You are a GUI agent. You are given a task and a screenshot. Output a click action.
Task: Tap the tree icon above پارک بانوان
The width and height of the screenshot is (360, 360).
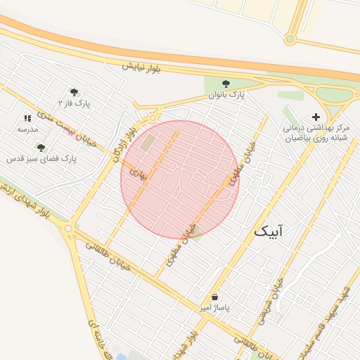click(x=226, y=83)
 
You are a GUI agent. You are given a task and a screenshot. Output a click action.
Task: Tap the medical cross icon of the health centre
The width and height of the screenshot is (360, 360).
click(x=316, y=117)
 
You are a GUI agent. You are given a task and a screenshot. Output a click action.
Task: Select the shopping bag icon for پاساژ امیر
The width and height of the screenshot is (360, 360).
click(x=214, y=297)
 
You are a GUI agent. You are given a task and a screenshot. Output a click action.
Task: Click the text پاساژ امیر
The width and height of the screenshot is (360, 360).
click(x=214, y=308)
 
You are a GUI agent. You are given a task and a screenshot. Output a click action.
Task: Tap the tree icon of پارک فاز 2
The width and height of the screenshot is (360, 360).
click(x=74, y=91)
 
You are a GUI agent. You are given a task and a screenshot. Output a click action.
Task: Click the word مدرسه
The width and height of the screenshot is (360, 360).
click(x=27, y=130)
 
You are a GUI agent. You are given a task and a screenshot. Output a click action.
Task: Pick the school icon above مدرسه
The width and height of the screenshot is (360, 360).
click(x=27, y=119)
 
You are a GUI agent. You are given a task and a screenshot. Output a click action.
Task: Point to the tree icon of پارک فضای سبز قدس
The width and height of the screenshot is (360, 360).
click(x=41, y=148)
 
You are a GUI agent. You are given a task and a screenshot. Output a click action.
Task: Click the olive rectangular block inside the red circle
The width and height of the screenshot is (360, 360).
click(x=148, y=142)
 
